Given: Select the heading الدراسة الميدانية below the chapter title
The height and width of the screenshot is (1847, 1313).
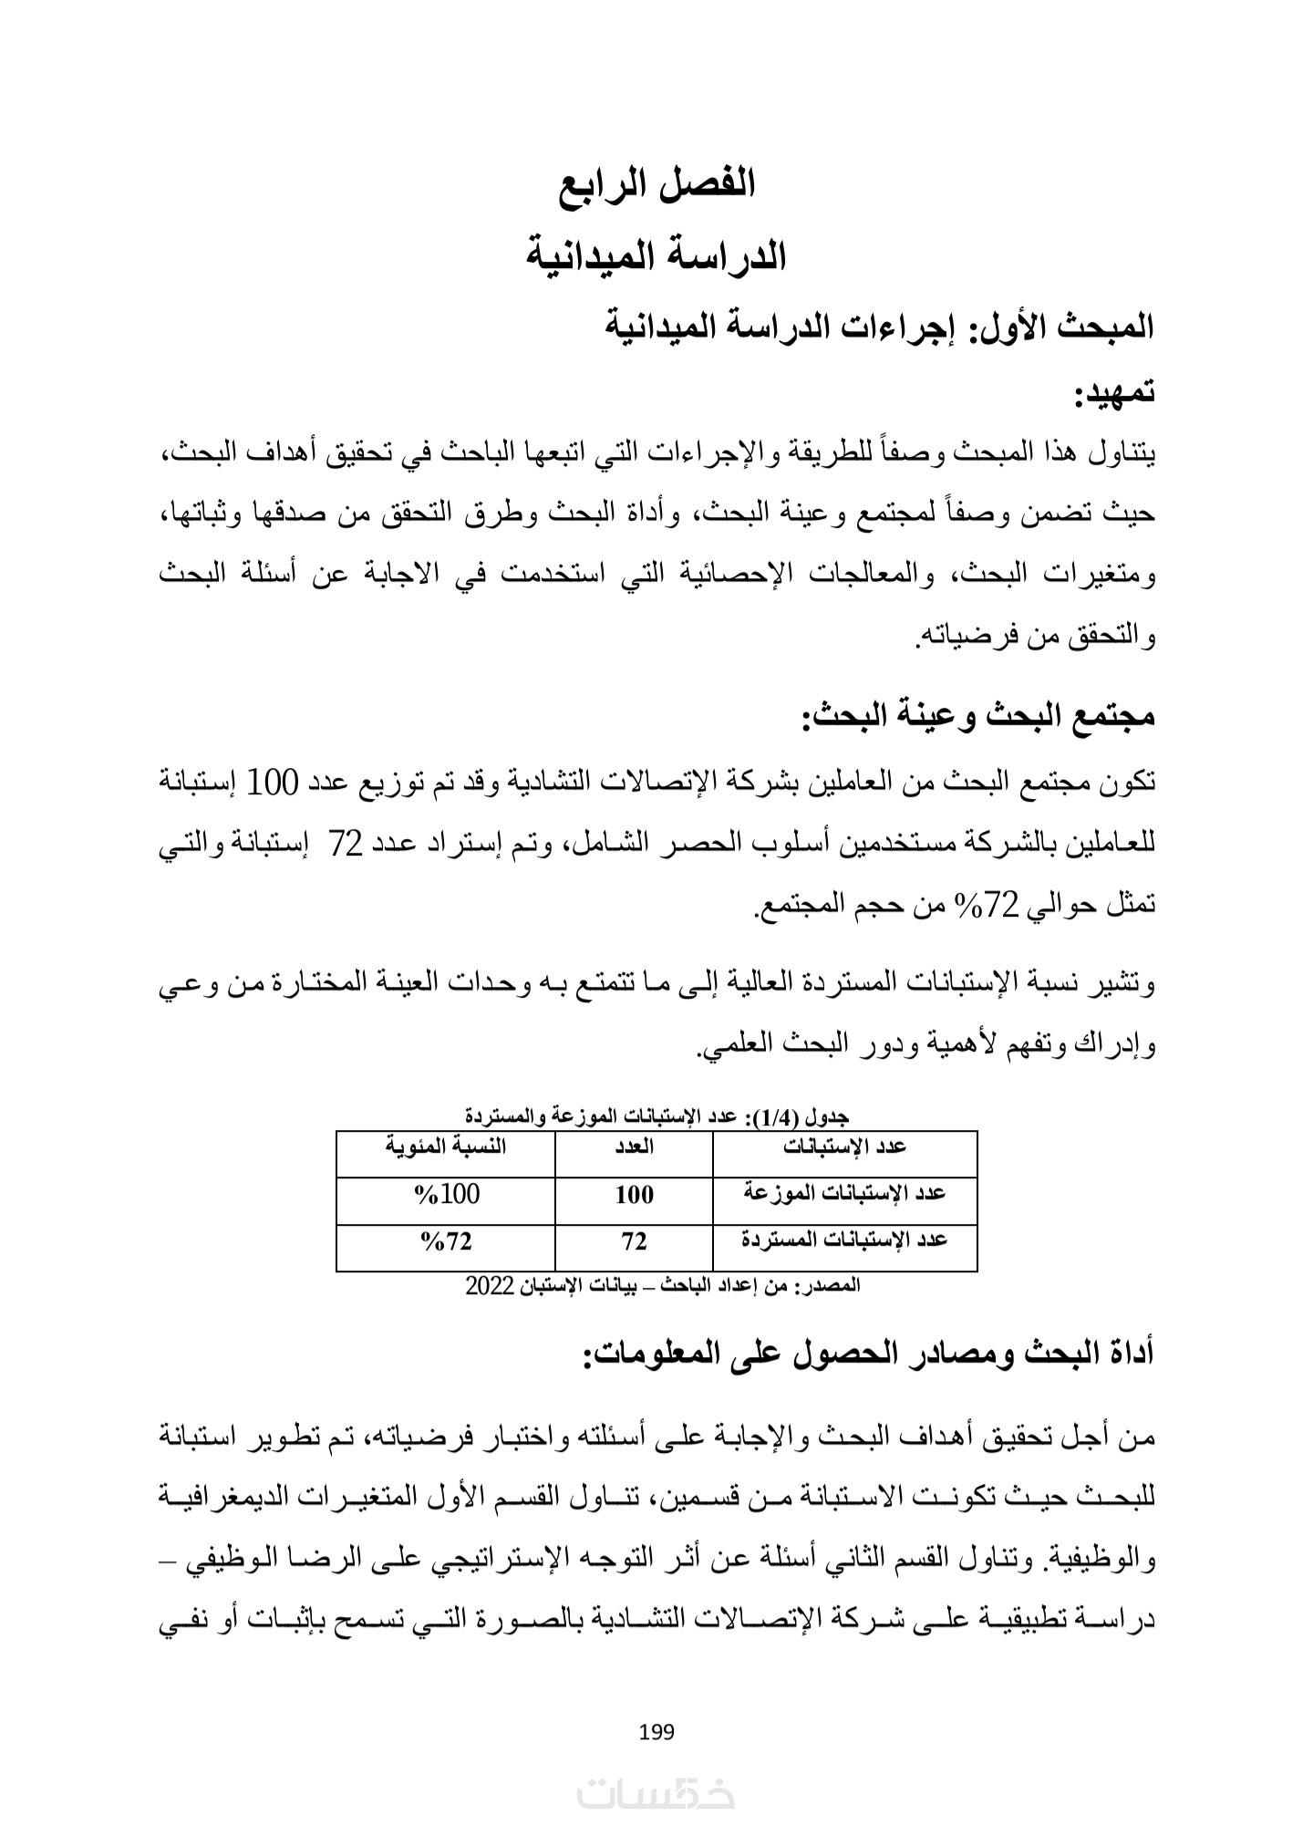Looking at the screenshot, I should click(x=656, y=256).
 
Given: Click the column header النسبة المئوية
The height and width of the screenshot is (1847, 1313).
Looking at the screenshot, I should click(x=445, y=1147).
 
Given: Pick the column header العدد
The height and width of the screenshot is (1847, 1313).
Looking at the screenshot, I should click(x=634, y=1147).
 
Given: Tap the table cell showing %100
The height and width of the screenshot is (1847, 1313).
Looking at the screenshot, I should click(x=446, y=1194).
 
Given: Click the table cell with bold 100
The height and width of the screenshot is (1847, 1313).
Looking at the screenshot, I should click(x=634, y=1195).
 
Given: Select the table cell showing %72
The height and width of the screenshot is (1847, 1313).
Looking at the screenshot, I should click(x=446, y=1240).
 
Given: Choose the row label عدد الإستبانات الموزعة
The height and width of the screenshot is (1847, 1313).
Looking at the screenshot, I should click(x=844, y=1194).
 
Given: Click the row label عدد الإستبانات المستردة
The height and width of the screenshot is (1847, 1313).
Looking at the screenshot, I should click(x=844, y=1240).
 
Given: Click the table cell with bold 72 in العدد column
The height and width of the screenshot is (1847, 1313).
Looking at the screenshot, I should click(x=634, y=1241).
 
